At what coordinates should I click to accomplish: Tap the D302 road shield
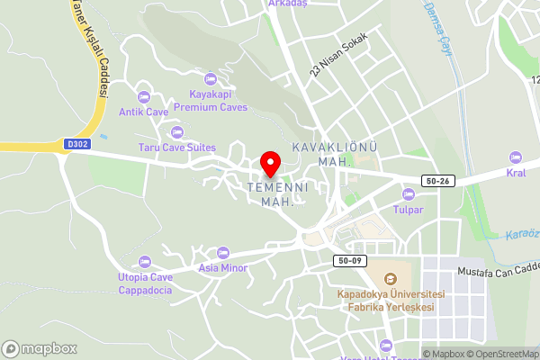[x=78, y=142]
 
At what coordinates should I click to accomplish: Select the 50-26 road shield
[x=437, y=181]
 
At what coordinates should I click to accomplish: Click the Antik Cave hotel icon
[x=143, y=97]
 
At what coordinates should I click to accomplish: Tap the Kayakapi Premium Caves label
[x=210, y=100]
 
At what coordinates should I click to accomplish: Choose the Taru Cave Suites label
[x=176, y=147]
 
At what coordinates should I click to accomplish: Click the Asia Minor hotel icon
[x=222, y=252]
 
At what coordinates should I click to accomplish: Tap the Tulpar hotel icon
[x=408, y=193]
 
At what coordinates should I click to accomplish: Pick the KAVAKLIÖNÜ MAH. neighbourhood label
[x=334, y=154]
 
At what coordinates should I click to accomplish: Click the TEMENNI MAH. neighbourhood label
[x=278, y=194]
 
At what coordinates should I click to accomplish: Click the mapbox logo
[x=39, y=348]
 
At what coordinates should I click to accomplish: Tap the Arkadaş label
[x=288, y=4]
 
